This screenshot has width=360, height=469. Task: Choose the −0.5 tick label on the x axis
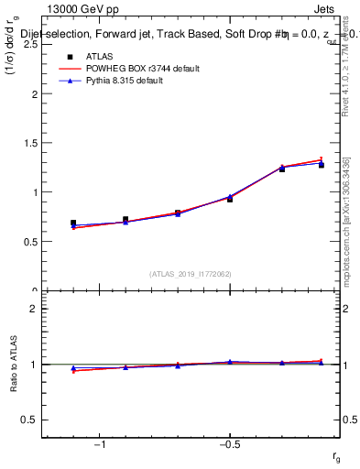pos(229,443)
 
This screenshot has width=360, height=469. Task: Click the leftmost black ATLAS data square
pos(73,223)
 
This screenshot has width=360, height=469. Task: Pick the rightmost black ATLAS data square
pos(322,165)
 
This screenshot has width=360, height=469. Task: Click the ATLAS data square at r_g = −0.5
pos(230,199)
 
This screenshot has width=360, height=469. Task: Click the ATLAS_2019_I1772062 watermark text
pos(191,273)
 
